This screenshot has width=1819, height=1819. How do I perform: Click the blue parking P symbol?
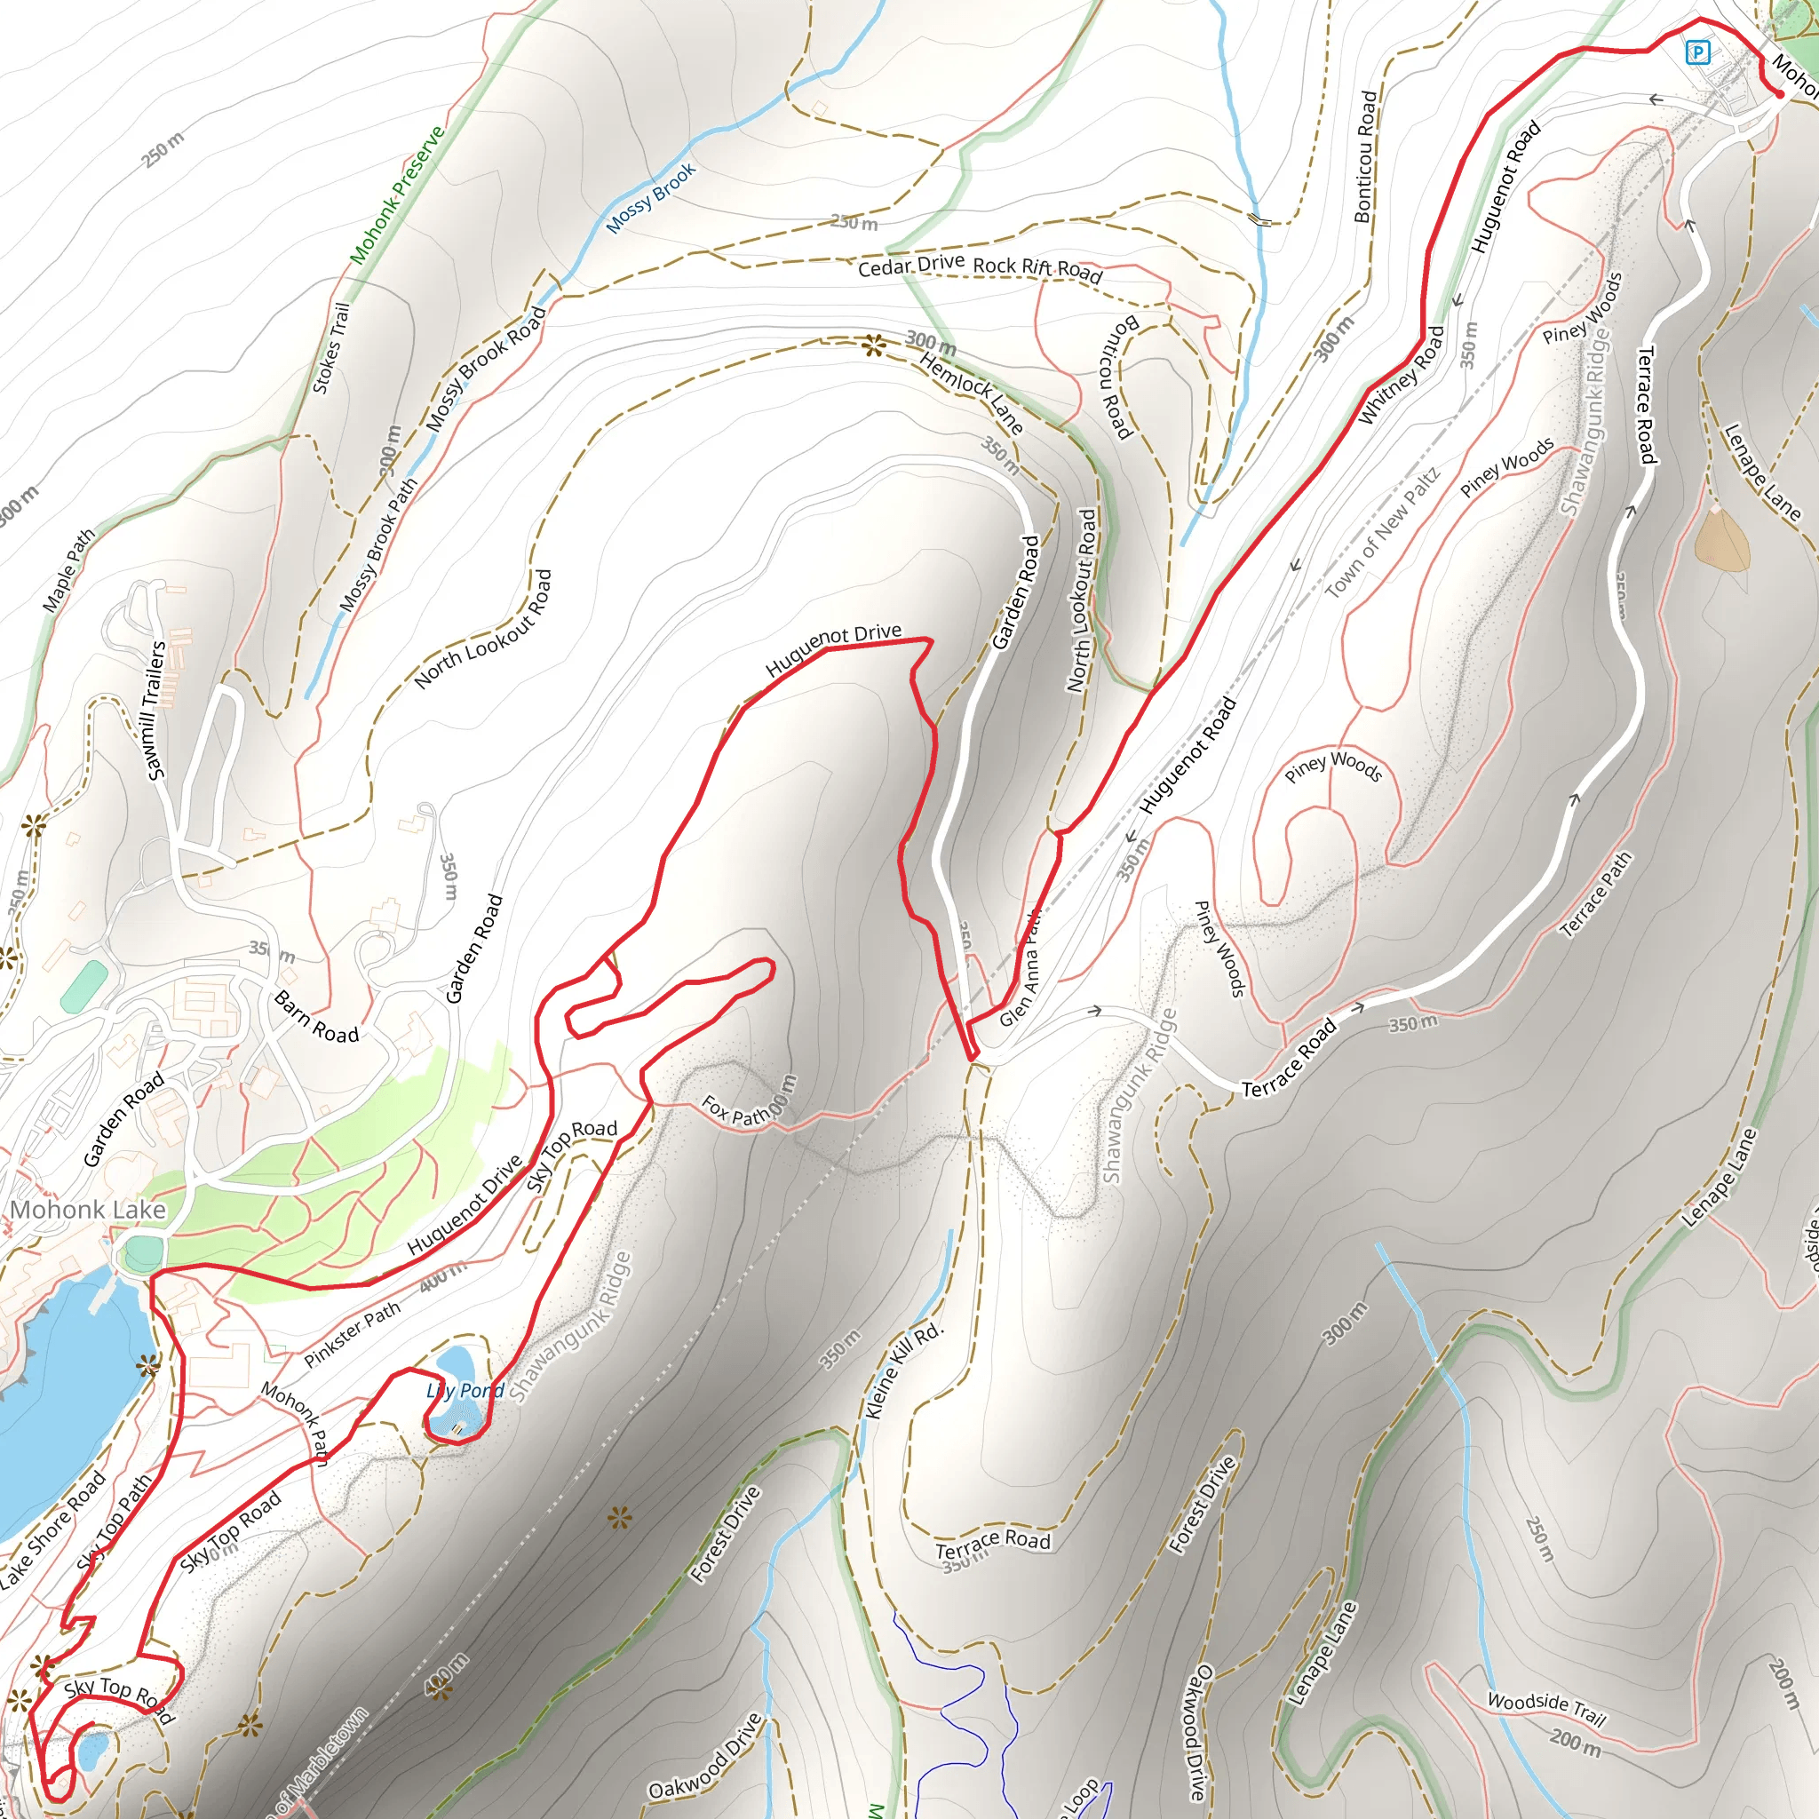click(1697, 52)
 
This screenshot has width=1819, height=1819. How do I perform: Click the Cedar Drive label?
click(910, 266)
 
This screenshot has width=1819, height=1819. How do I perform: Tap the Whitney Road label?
click(1401, 375)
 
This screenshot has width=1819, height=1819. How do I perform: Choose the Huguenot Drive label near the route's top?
click(833, 648)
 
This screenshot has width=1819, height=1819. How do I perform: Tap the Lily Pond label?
click(465, 1391)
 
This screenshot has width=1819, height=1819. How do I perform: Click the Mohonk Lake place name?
click(88, 1210)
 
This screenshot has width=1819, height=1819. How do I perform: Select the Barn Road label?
click(316, 1018)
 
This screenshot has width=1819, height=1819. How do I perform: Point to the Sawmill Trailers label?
click(156, 711)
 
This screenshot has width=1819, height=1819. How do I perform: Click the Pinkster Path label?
click(352, 1334)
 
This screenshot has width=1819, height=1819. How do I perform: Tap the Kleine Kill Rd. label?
click(902, 1370)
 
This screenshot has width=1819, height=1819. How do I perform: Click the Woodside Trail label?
click(1546, 1707)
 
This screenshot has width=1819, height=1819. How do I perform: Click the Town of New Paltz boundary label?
click(1382, 534)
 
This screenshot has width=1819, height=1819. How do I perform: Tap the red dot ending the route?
click(1778, 94)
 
